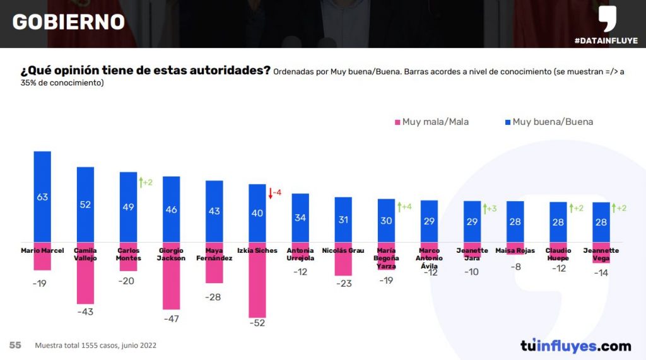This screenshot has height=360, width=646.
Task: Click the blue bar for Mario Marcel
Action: [42, 196]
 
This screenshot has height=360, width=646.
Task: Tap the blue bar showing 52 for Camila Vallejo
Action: [85, 204]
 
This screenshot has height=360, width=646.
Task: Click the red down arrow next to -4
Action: [269, 194]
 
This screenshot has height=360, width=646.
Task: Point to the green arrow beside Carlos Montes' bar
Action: [140, 183]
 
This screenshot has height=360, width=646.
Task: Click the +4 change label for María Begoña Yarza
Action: [404, 207]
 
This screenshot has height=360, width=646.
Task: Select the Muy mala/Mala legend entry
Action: [432, 122]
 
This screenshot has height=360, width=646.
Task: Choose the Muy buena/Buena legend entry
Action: [548, 122]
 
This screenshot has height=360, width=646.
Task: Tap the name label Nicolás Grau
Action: [343, 251]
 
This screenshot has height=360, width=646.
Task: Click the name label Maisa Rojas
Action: [515, 251]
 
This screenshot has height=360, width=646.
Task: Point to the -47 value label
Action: [171, 319]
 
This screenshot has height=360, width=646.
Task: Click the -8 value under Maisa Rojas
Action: [515, 267]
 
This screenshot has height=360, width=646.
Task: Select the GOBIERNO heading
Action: [68, 22]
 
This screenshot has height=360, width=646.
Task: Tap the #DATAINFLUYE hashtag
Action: [606, 41]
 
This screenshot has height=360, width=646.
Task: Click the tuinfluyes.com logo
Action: [575, 345]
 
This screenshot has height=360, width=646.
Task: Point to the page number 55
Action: [15, 345]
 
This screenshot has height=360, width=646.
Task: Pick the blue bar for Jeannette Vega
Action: [601, 221]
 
